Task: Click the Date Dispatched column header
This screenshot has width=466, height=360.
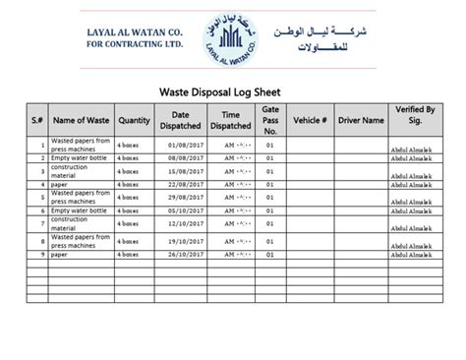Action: tap(180, 121)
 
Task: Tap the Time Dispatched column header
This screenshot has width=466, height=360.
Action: tap(230, 121)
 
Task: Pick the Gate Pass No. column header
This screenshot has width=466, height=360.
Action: tap(271, 121)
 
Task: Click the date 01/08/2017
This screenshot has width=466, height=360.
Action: tap(182, 145)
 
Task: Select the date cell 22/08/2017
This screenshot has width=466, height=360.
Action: tap(182, 183)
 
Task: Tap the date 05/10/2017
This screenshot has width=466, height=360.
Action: tap(182, 210)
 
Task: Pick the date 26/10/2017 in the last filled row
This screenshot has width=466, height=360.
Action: tap(182, 255)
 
